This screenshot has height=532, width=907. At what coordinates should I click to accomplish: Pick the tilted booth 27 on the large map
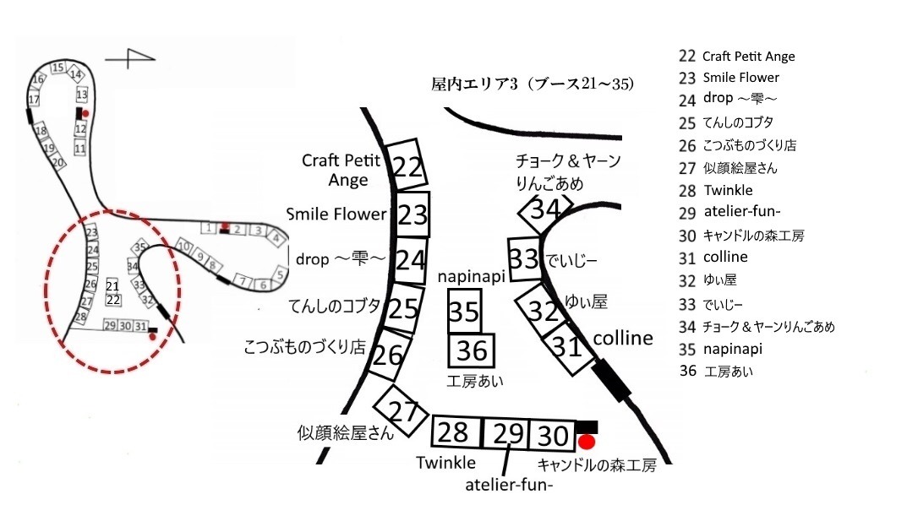[404, 412]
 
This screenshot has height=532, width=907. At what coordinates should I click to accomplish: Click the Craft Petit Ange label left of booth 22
[341, 170]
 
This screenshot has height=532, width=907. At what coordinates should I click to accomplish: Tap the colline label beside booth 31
[623, 339]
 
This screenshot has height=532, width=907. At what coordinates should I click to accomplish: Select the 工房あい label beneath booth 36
[475, 381]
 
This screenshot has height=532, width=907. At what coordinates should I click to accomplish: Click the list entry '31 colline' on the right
[713, 257]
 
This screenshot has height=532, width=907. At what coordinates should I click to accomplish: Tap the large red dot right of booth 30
[587, 442]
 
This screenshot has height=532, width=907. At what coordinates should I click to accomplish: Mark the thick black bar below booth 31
[612, 379]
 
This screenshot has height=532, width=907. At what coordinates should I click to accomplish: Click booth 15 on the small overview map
[57, 68]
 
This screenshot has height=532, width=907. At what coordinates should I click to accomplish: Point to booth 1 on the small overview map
[206, 227]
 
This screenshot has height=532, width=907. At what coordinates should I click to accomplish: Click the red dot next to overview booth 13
[85, 112]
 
